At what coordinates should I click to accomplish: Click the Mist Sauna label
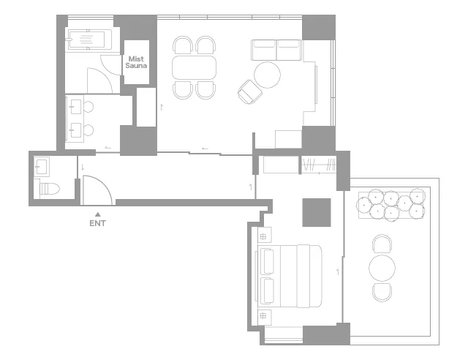tap(136, 62)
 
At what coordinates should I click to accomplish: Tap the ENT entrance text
tap(97, 223)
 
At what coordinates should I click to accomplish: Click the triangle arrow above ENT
tap(97, 214)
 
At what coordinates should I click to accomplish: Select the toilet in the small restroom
tap(48, 189)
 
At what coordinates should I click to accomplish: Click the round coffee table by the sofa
tap(267, 75)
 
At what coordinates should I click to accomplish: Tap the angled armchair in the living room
tap(250, 91)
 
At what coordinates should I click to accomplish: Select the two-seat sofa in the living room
tap(276, 50)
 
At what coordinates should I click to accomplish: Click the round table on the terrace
tap(382, 268)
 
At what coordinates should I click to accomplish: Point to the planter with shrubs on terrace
tap(391, 205)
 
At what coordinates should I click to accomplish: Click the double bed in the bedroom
tap(289, 276)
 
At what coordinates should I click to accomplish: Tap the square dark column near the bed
tap(317, 212)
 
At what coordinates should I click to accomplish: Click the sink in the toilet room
tap(41, 167)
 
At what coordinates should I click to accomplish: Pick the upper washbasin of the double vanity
tap(75, 107)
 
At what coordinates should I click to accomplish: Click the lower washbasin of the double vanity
tap(75, 130)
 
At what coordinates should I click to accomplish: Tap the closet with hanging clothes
tap(319, 165)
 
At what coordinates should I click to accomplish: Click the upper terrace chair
tap(382, 244)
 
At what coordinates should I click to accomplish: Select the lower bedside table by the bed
tap(264, 318)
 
